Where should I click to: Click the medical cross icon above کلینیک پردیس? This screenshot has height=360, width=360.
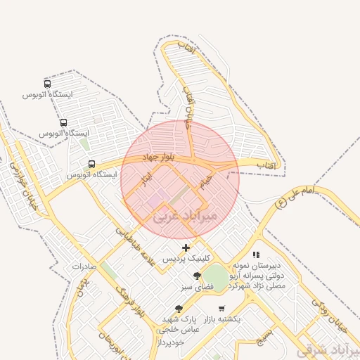[186, 247]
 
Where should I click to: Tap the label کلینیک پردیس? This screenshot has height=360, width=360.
[181, 258]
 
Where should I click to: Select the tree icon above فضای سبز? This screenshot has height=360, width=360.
[196, 276]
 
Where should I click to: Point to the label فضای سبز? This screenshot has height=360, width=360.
[198, 287]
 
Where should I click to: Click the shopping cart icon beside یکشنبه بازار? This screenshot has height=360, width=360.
[221, 309]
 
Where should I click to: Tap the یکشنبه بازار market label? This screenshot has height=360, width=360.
[222, 319]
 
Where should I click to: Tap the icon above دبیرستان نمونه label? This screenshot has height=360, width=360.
[256, 255]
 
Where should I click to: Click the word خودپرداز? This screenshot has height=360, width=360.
[172, 340]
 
